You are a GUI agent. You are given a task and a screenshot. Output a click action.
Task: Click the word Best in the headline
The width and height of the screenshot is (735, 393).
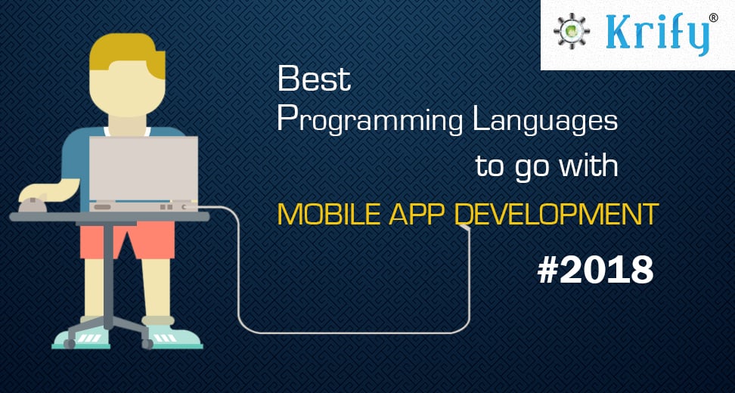pos(314,79)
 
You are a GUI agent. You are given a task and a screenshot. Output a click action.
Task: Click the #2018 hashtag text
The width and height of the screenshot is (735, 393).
pos(595,271)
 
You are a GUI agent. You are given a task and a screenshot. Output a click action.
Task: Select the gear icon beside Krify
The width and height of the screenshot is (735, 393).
pos(572,32)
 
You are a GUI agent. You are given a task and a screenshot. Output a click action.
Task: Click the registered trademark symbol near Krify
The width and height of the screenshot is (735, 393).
pos(713,18)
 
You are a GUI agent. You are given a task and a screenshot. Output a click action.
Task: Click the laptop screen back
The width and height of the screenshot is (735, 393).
pos(144,169)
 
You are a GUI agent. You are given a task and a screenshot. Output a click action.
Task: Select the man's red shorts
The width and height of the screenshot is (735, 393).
pos(128,240)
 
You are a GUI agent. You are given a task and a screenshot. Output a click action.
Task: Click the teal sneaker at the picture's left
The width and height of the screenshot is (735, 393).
pos(81,337)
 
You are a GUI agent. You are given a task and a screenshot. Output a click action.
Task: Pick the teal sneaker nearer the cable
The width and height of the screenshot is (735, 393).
pos(173,337)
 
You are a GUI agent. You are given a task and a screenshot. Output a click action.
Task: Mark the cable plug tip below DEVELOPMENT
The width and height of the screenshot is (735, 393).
pos(466,227)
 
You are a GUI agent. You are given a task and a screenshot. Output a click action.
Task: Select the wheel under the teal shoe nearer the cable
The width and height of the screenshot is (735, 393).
pos(147,345)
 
